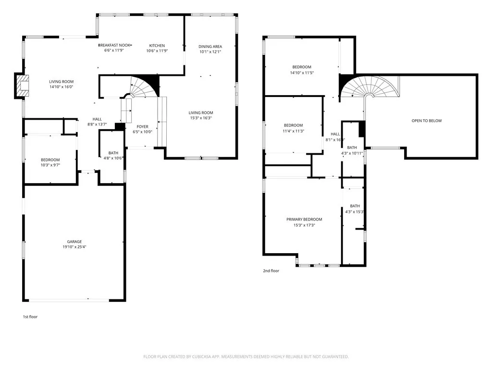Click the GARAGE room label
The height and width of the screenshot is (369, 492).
coord(74,242)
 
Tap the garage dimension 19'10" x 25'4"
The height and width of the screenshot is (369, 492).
coord(74,247)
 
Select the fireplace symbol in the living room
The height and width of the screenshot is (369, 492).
coord(22,86)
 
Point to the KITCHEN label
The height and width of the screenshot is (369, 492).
coord(157,46)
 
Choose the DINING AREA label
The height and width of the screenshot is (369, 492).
coord(210,47)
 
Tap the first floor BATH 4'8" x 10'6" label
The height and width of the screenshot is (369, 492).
coord(113,153)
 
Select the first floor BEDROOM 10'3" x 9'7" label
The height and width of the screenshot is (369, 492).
coord(50,160)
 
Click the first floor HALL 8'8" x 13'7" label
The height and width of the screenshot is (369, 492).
coord(98,119)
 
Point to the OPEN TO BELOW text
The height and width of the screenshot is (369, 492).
coord(426,121)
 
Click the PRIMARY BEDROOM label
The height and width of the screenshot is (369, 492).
coord(304,219)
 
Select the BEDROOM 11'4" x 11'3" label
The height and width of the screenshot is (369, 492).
coord(293,125)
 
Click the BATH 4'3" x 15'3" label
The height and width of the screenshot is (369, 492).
coord(355,206)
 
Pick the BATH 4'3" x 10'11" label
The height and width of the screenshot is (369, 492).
coord(352,148)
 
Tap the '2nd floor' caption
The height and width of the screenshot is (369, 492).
coord(271,271)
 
